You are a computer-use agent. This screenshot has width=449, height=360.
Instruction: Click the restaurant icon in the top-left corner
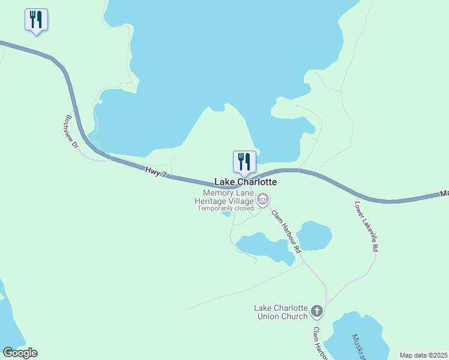[x=36, y=20]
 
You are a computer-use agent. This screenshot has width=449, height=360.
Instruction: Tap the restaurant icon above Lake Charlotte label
[x=244, y=161]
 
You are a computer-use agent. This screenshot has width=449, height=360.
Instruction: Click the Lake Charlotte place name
[x=246, y=182]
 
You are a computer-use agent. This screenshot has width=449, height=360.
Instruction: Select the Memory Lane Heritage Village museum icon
[x=262, y=199]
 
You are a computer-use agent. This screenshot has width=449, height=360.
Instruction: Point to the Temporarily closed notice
[x=226, y=208]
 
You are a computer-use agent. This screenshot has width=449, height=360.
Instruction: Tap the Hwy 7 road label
[x=155, y=172]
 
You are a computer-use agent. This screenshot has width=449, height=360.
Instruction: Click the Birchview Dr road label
[x=72, y=131]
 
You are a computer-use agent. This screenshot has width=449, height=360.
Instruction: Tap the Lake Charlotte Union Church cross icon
[x=317, y=311]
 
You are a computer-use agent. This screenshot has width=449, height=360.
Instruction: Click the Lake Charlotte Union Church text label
[x=281, y=312]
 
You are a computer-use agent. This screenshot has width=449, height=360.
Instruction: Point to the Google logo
[x=20, y=353]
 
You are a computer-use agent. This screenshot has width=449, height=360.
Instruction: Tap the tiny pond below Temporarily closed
[x=226, y=214]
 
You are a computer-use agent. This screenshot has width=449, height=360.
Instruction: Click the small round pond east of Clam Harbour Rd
[x=314, y=236]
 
